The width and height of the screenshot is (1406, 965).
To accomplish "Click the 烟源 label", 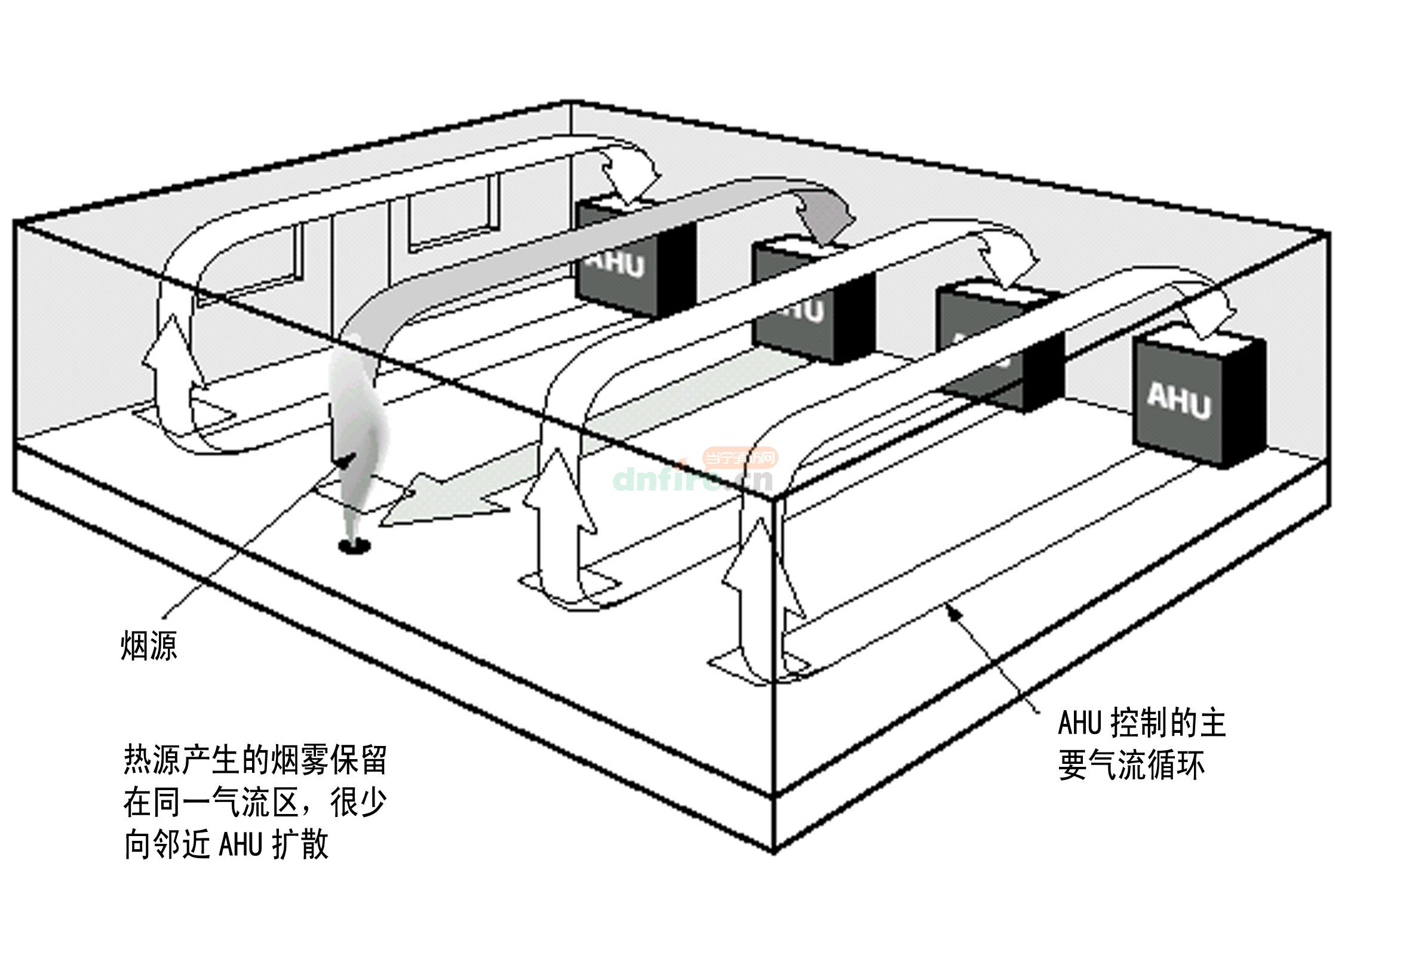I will coord(149,646).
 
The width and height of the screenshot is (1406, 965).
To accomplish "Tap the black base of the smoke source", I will coord(354,546).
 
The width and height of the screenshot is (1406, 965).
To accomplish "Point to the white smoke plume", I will coord(357,411).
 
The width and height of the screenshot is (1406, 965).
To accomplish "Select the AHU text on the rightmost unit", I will coord(1178,401).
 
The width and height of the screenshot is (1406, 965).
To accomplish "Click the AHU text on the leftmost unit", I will coord(616,263).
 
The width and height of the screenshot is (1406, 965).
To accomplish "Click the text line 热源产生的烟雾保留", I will coord(254,760).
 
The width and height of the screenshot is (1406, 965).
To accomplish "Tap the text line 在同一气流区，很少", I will coord(254,802).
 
